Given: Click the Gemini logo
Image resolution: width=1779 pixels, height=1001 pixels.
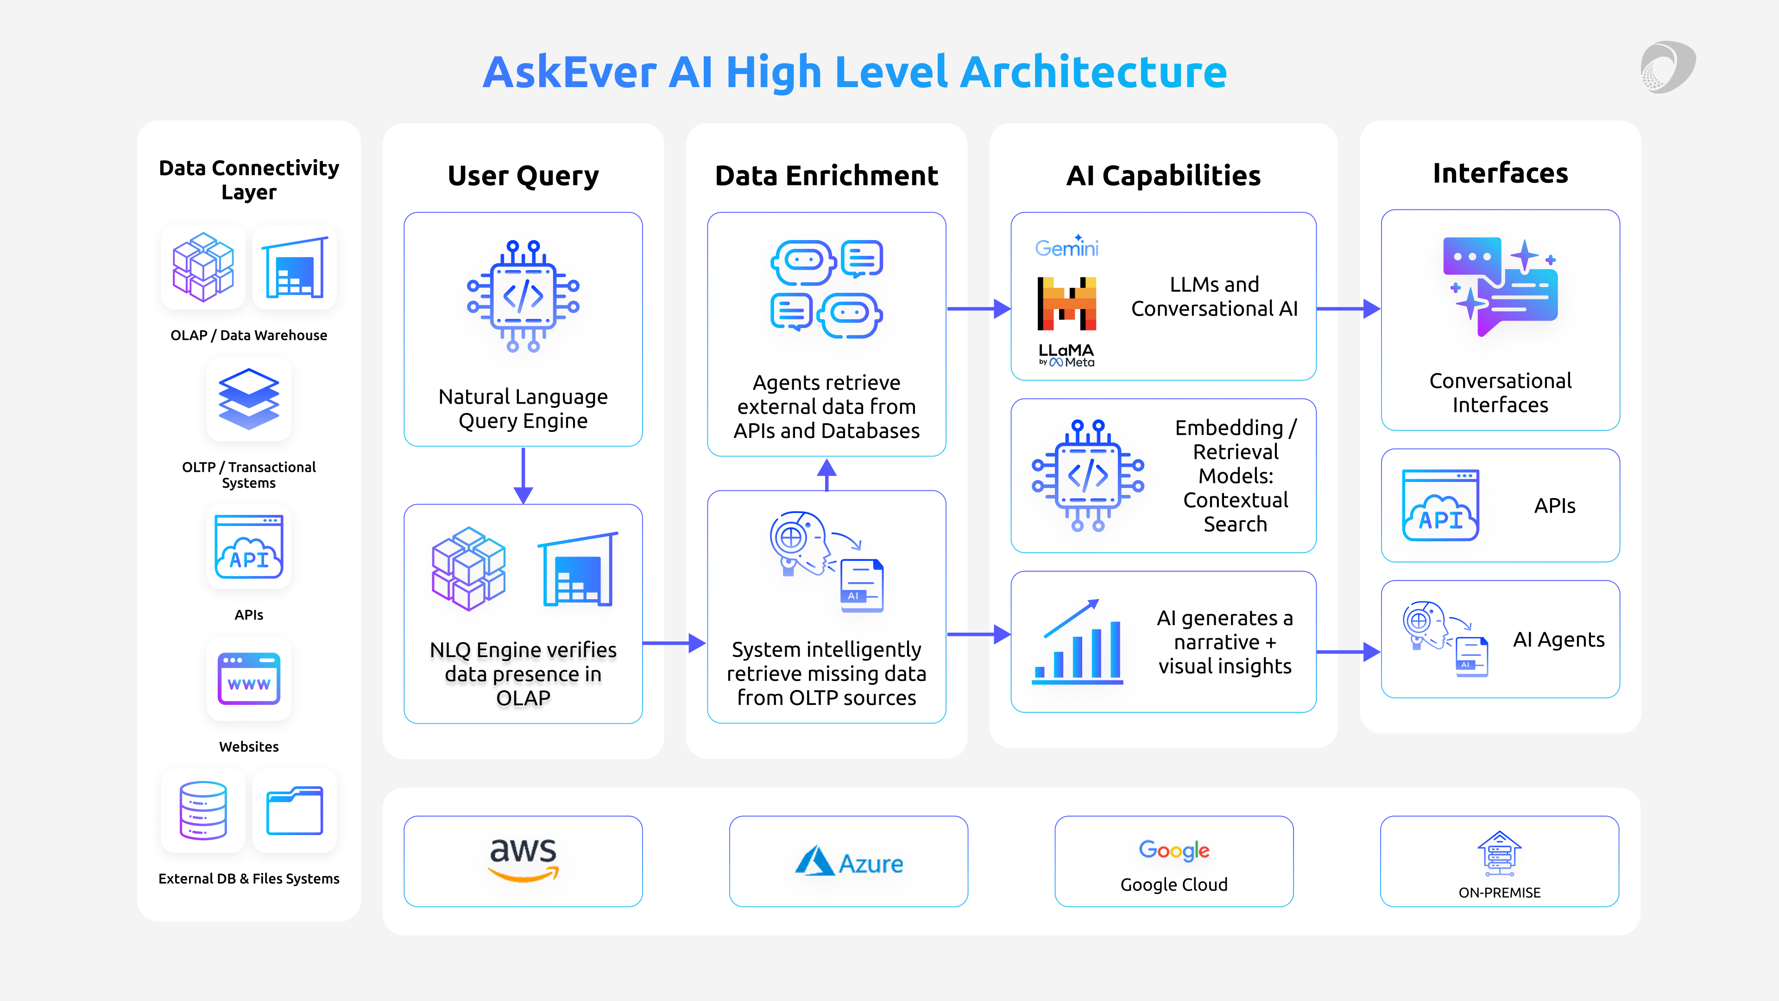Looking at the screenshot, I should pos(1066,247).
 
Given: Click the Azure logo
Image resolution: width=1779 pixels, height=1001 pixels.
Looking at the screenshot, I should pos(849,862).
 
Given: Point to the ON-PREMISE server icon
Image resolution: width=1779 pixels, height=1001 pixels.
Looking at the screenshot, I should pos(1499,853).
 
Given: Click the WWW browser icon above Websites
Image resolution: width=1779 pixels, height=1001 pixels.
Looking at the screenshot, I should pos(249,678).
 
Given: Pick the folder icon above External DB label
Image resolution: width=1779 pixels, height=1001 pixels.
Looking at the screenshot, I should pos(295,811).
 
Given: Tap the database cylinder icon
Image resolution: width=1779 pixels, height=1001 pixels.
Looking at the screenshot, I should pos(203,811).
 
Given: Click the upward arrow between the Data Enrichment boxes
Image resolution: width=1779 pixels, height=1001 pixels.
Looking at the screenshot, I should pos(826,474).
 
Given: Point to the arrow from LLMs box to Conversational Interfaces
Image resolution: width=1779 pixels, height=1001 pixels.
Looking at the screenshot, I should pos(1347,309).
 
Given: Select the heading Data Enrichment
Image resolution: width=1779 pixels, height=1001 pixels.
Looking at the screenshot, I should pos(826,176).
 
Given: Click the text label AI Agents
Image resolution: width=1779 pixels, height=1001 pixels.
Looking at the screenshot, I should pos(1558,640).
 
